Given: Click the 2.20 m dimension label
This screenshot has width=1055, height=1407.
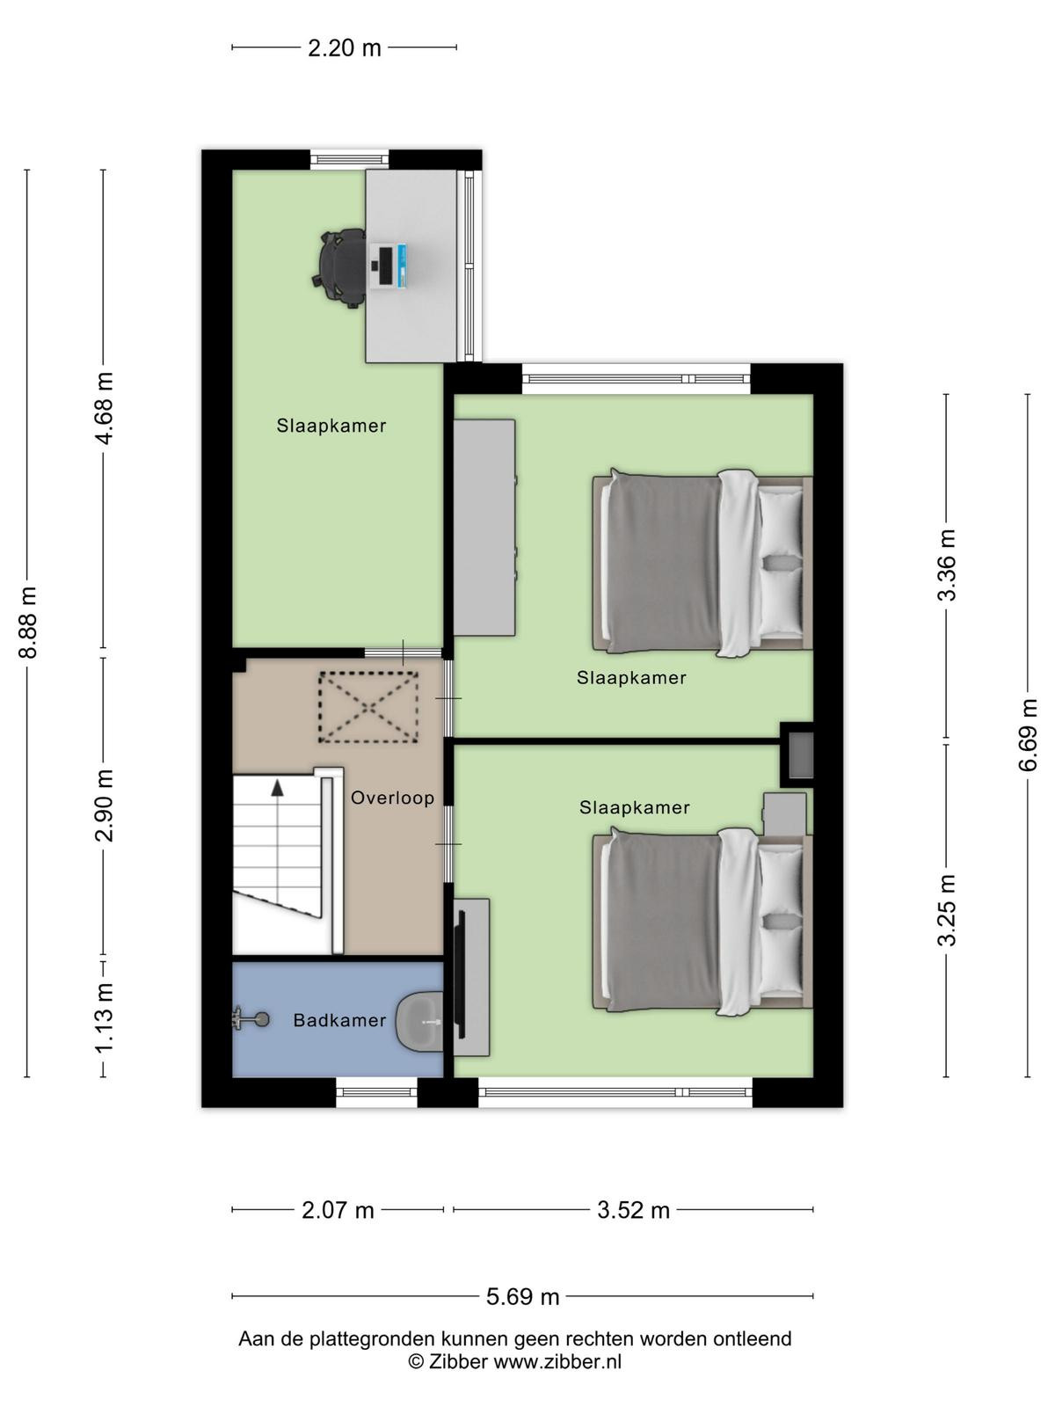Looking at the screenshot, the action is [344, 48].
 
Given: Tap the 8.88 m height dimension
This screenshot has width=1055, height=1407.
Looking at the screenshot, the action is [29, 622].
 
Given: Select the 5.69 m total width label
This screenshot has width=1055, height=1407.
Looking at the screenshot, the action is [522, 1297].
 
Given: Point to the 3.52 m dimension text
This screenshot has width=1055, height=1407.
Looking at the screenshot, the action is [633, 1210].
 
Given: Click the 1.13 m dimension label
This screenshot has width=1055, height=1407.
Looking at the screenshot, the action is [104, 1017].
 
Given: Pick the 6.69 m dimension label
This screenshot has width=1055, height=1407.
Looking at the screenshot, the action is [1028, 734].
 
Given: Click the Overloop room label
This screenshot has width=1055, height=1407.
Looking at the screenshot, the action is [393, 798].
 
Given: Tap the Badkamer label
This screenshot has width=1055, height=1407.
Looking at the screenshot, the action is [339, 1020].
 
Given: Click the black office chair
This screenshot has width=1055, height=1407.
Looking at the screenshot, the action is [339, 268].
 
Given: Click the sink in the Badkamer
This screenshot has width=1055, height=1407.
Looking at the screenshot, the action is [419, 1022].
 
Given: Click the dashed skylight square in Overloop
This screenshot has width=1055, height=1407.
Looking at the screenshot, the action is [368, 707].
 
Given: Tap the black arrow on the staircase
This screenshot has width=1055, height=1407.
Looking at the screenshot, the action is [277, 788].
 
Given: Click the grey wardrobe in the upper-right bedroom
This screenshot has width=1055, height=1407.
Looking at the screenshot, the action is [484, 528].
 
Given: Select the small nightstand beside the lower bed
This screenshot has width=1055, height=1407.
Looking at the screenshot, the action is [785, 814].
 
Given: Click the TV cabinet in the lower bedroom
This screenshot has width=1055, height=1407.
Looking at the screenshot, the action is [472, 977].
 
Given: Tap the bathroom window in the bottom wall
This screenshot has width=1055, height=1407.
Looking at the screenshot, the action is [376, 1092].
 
